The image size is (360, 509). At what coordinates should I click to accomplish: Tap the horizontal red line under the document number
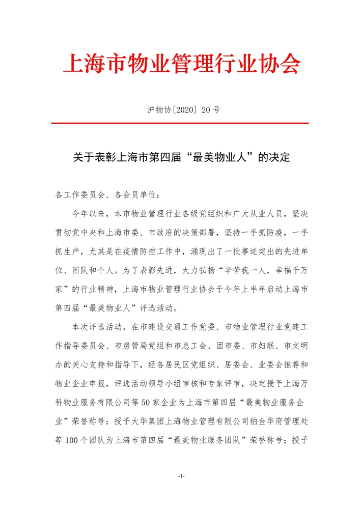pos(180,123)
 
